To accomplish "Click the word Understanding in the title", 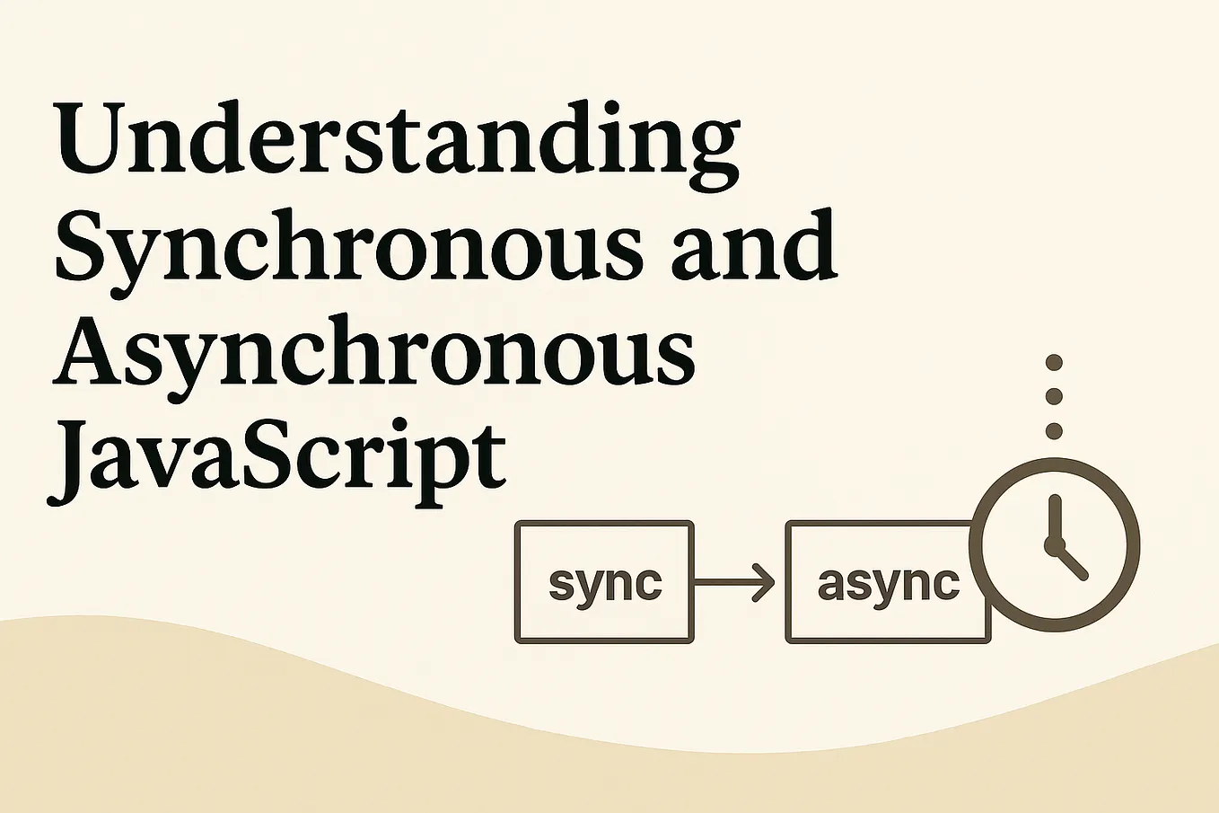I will [x=397, y=142].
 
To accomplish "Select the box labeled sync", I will [x=604, y=582].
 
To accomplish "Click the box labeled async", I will [x=887, y=582].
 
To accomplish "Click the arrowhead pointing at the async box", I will [x=765, y=582].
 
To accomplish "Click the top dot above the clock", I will [x=1054, y=363].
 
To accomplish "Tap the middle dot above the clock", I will [x=1054, y=396].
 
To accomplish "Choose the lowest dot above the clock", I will [x=1054, y=430].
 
